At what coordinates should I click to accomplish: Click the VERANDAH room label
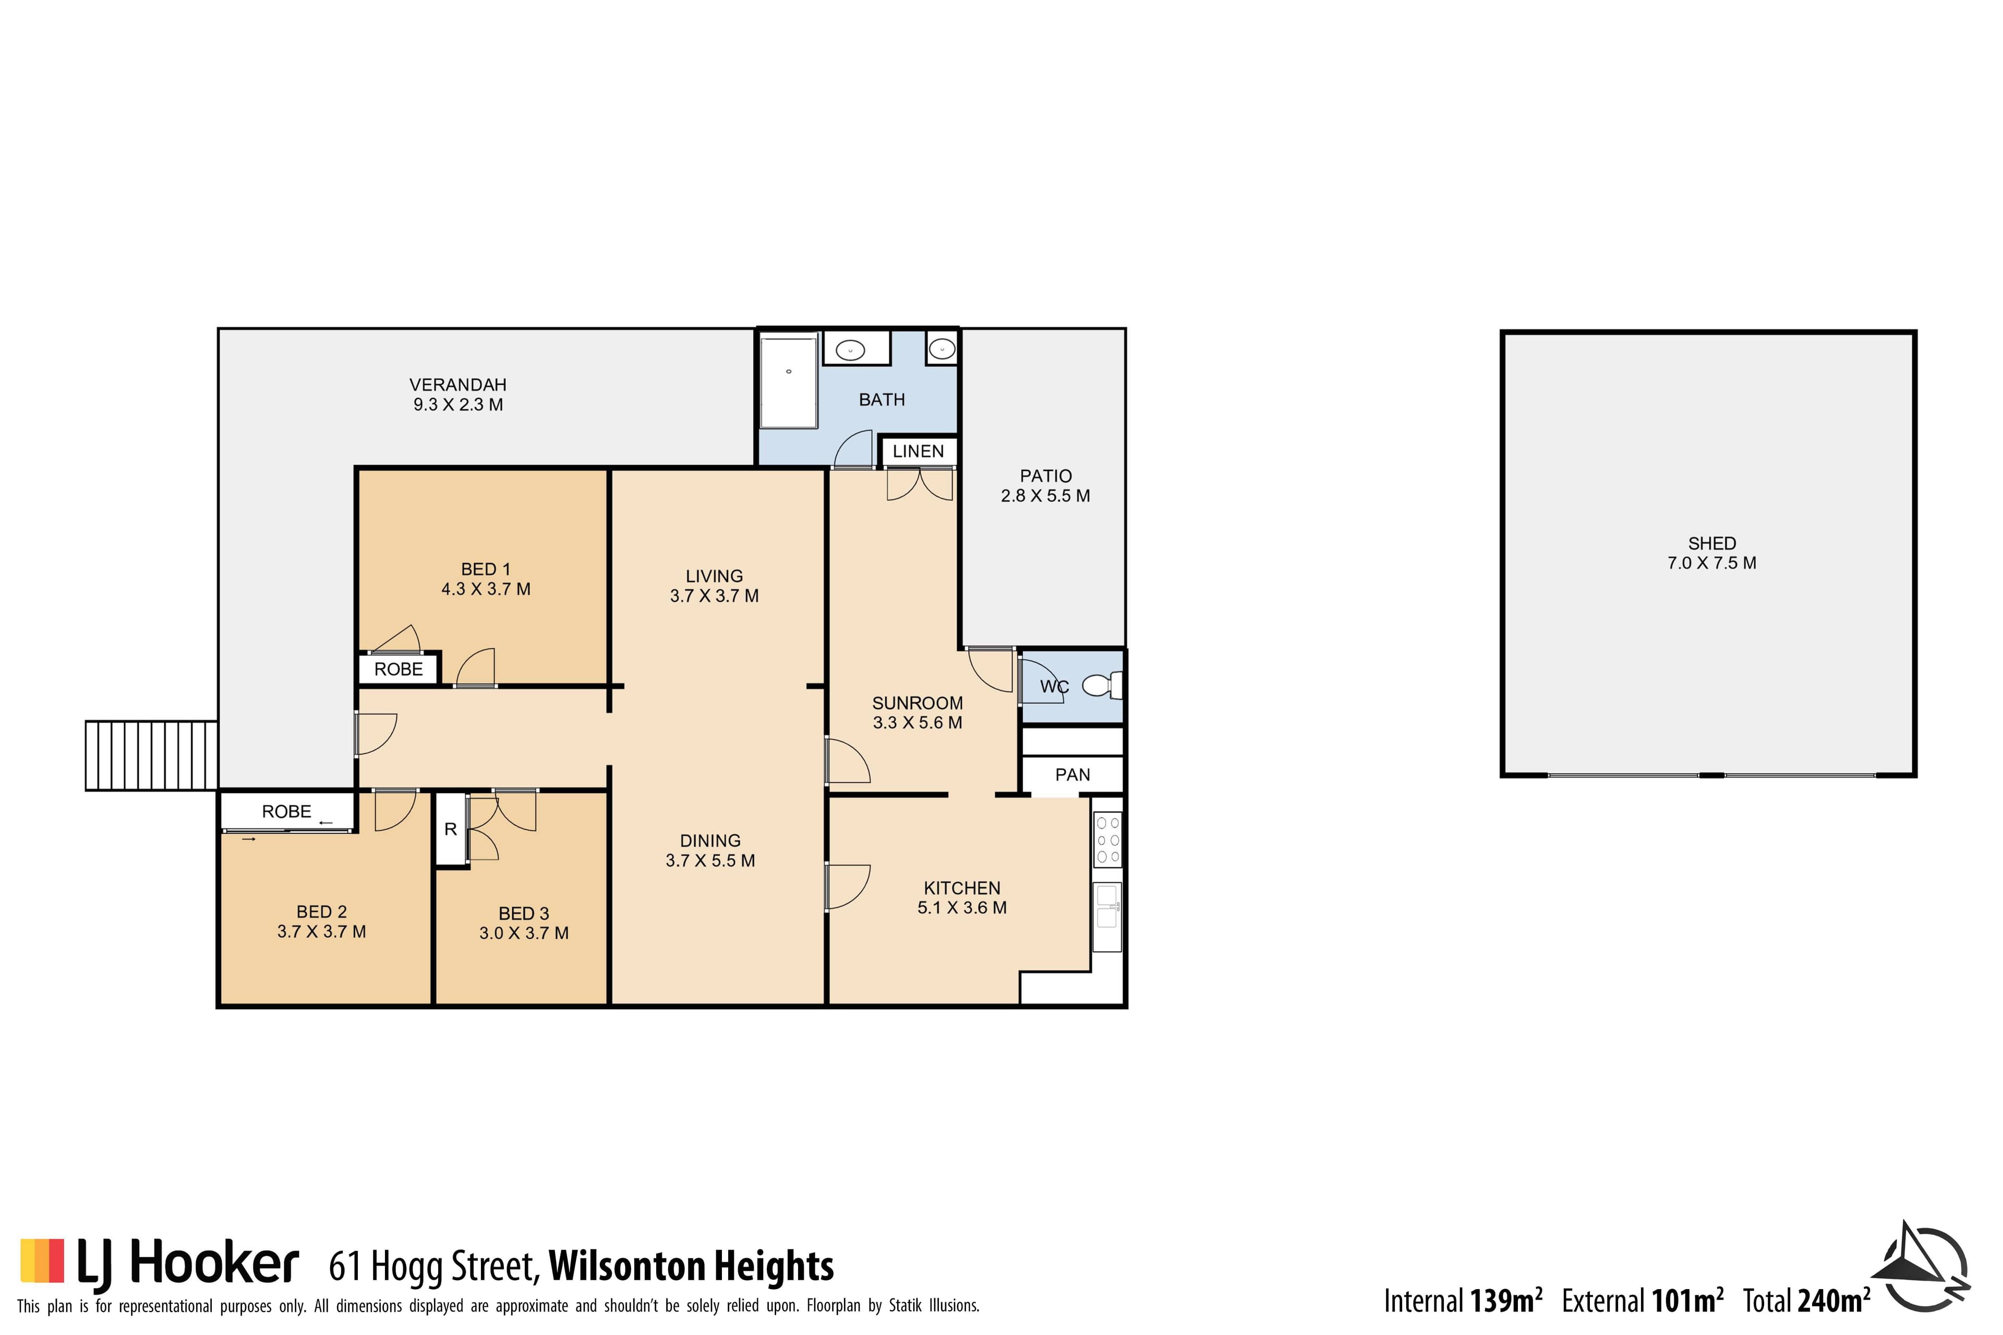(x=458, y=385)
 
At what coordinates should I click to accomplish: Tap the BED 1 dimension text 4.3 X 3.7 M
(x=486, y=589)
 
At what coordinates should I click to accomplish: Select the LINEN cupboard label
(x=918, y=451)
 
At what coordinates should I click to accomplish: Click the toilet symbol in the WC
(x=1103, y=685)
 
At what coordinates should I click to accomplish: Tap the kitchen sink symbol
(x=1107, y=917)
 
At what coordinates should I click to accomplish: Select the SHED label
(x=1712, y=543)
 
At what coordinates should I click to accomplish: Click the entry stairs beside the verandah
(x=152, y=755)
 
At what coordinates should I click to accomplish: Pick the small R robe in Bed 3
(x=451, y=829)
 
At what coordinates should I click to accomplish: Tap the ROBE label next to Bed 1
(x=399, y=669)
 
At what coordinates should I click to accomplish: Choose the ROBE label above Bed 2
(x=286, y=811)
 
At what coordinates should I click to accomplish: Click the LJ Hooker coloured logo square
(x=43, y=1260)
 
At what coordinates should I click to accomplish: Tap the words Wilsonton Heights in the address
(x=692, y=1266)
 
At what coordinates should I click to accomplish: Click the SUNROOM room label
(x=917, y=703)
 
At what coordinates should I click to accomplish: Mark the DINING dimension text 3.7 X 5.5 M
(x=710, y=861)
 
